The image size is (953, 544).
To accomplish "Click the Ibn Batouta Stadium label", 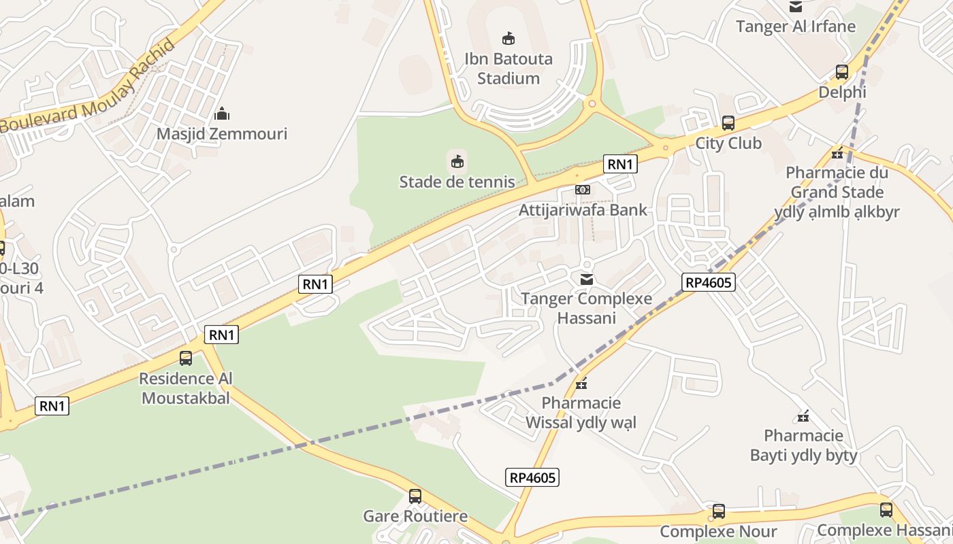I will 508,69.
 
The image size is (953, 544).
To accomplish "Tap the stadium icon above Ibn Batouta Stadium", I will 508,38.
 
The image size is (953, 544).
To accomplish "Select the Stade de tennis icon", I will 457,161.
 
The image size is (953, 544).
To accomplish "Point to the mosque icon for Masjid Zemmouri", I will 221,114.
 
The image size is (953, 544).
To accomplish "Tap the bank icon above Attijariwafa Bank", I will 583,190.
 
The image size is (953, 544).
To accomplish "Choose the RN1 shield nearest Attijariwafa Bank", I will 620,164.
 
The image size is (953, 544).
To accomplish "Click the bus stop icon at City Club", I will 728,123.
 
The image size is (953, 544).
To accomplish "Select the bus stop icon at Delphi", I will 842,72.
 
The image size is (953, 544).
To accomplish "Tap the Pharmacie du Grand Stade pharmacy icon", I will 837,153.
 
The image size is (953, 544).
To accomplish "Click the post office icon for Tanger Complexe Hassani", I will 587,279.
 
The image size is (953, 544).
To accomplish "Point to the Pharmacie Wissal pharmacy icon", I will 581,384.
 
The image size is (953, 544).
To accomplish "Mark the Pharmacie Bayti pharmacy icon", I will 803,416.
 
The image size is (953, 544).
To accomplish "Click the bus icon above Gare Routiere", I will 415,496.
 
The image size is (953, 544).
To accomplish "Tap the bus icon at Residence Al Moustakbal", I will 186,358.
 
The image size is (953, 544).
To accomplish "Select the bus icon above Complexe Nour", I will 719,511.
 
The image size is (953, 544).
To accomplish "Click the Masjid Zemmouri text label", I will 222,134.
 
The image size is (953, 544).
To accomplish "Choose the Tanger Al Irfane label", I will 796,27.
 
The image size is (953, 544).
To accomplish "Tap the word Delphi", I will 842,92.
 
